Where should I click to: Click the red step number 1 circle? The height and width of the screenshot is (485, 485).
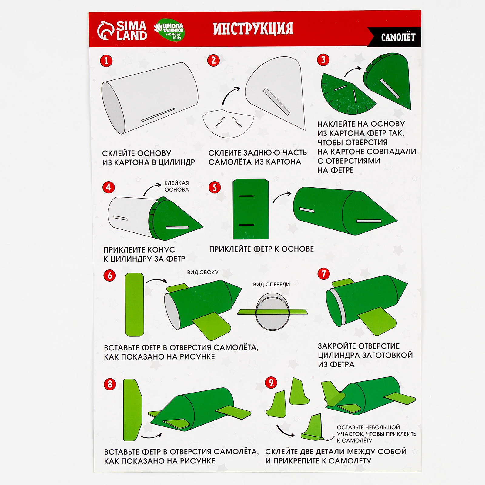(x=106, y=61)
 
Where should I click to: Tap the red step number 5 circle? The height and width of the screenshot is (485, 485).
(x=215, y=187)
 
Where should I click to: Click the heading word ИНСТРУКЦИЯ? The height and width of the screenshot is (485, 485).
(x=253, y=29)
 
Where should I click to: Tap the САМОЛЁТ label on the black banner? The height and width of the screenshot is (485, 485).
(x=398, y=38)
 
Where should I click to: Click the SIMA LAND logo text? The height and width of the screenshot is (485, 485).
(x=132, y=31)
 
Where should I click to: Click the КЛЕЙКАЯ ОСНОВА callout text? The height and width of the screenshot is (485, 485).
(x=177, y=186)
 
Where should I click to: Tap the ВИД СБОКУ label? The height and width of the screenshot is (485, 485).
(x=203, y=272)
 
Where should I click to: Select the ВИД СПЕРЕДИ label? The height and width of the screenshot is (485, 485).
(x=272, y=284)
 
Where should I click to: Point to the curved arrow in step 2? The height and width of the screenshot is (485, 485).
(x=230, y=95)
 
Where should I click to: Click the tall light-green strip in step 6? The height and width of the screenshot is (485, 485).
(x=135, y=304)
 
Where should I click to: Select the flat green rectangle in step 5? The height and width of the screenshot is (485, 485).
(x=251, y=209)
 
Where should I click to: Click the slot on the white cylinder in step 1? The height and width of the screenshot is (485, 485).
(x=158, y=115)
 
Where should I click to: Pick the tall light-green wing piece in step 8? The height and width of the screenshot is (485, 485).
(x=133, y=410)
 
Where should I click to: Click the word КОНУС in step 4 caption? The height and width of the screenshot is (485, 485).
(x=161, y=250)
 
